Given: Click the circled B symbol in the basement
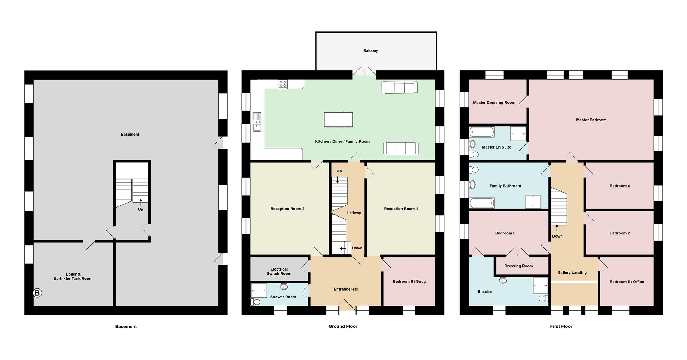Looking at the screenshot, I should (37, 293).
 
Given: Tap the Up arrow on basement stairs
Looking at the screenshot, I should (141, 203).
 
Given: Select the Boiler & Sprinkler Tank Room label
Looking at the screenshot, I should (73, 277).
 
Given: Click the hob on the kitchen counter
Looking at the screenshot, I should (283, 84).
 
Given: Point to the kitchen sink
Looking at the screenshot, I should (257, 122).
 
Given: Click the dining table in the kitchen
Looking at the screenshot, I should (338, 120).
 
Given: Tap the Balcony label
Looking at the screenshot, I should (370, 51).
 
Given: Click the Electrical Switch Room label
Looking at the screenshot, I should (279, 272).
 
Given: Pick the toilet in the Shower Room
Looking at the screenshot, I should (255, 302).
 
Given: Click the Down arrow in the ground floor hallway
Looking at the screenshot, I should (342, 248).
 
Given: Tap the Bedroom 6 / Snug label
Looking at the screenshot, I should (409, 282).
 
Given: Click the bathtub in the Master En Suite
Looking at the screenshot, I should (482, 132).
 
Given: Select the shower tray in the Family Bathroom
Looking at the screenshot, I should (533, 201).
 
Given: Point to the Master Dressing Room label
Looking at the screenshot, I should (494, 103).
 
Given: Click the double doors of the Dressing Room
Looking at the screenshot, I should (518, 253).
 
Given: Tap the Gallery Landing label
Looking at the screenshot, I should (572, 273).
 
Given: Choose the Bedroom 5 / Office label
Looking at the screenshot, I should (627, 282).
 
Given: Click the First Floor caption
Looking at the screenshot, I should (561, 326).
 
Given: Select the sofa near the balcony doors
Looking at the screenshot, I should (399, 87).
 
